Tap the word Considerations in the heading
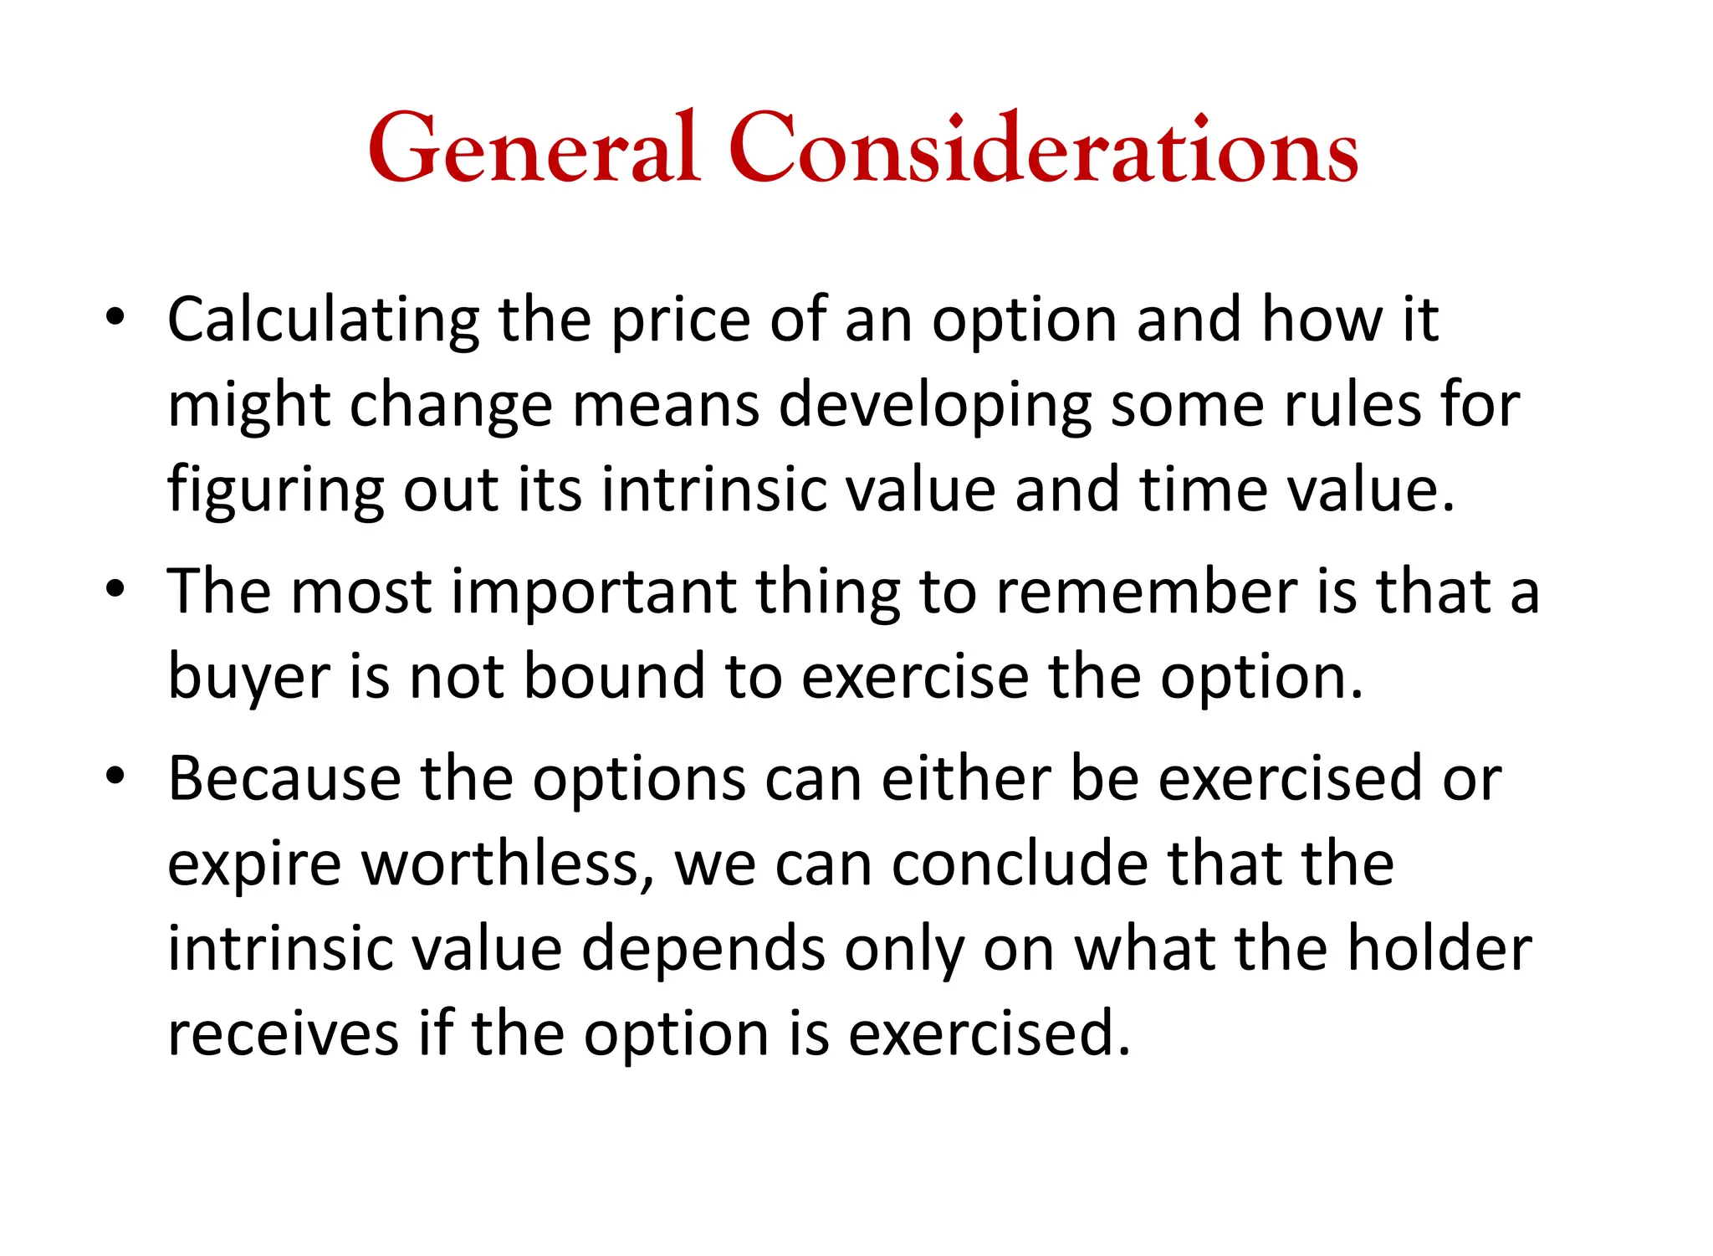click(1043, 149)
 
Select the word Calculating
click(323, 321)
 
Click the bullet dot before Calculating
click(115, 318)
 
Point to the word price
click(681, 321)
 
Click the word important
click(594, 593)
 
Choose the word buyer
click(249, 678)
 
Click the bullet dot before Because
click(115, 776)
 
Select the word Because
click(284, 779)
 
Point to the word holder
click(1439, 949)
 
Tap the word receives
click(283, 1035)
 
